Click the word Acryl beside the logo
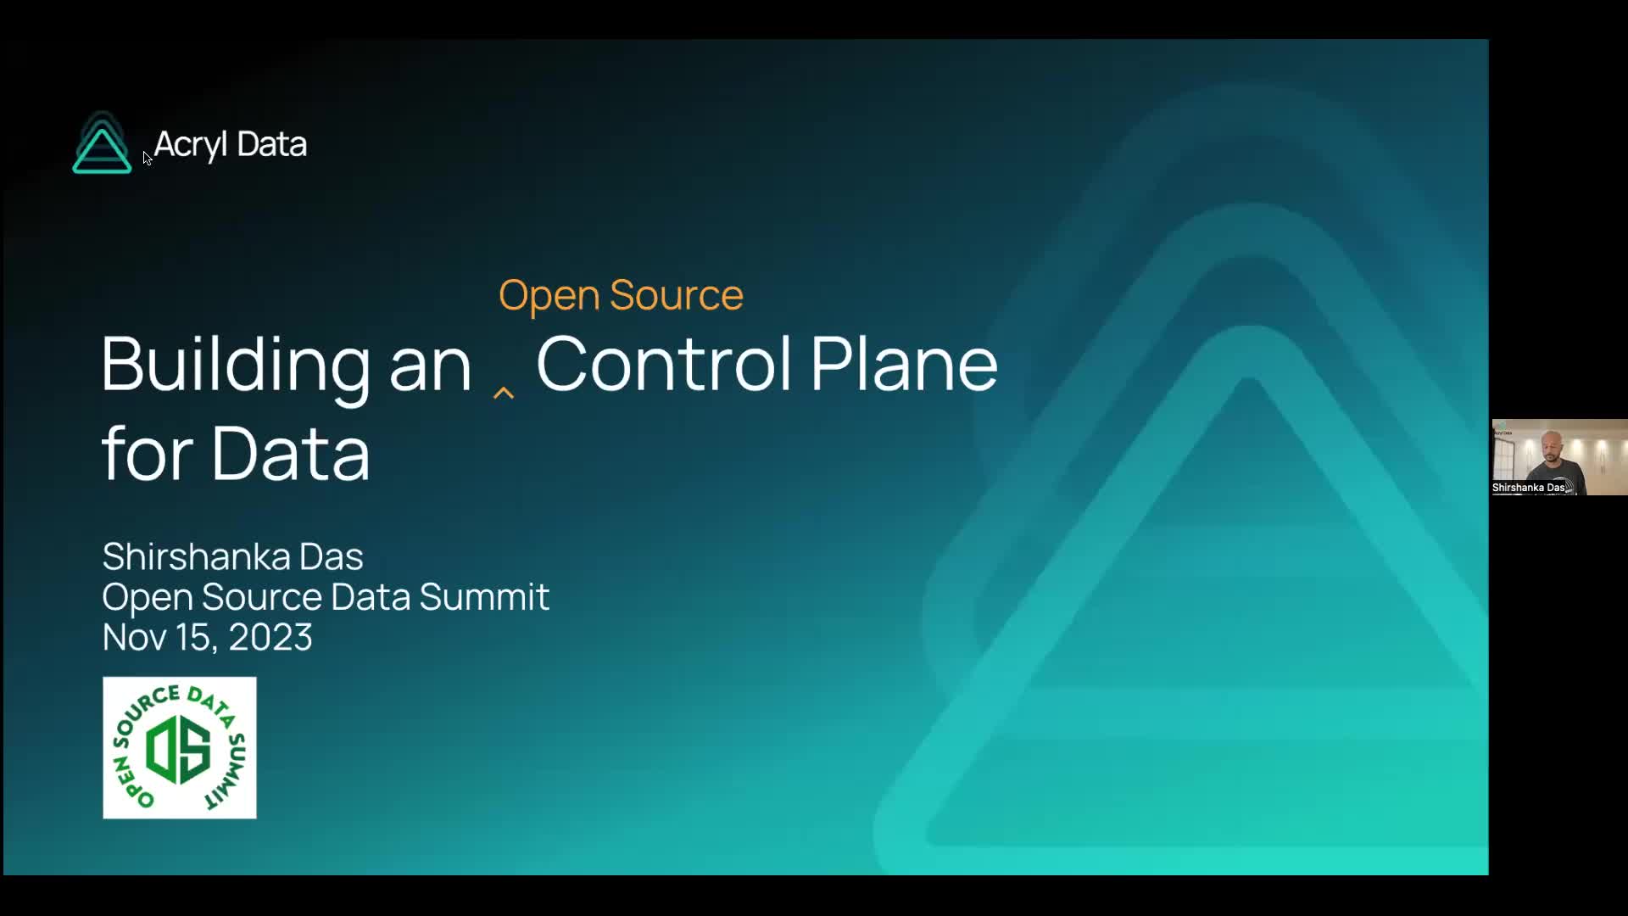191,145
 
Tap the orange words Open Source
621,295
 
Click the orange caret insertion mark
504,393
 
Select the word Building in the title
236,366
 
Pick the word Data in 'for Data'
291,454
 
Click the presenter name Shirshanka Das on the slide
232,556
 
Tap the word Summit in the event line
484,596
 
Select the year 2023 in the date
270,637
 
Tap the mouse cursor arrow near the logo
147,158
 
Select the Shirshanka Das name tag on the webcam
1529,488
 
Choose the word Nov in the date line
135,637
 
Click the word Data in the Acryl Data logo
272,144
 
